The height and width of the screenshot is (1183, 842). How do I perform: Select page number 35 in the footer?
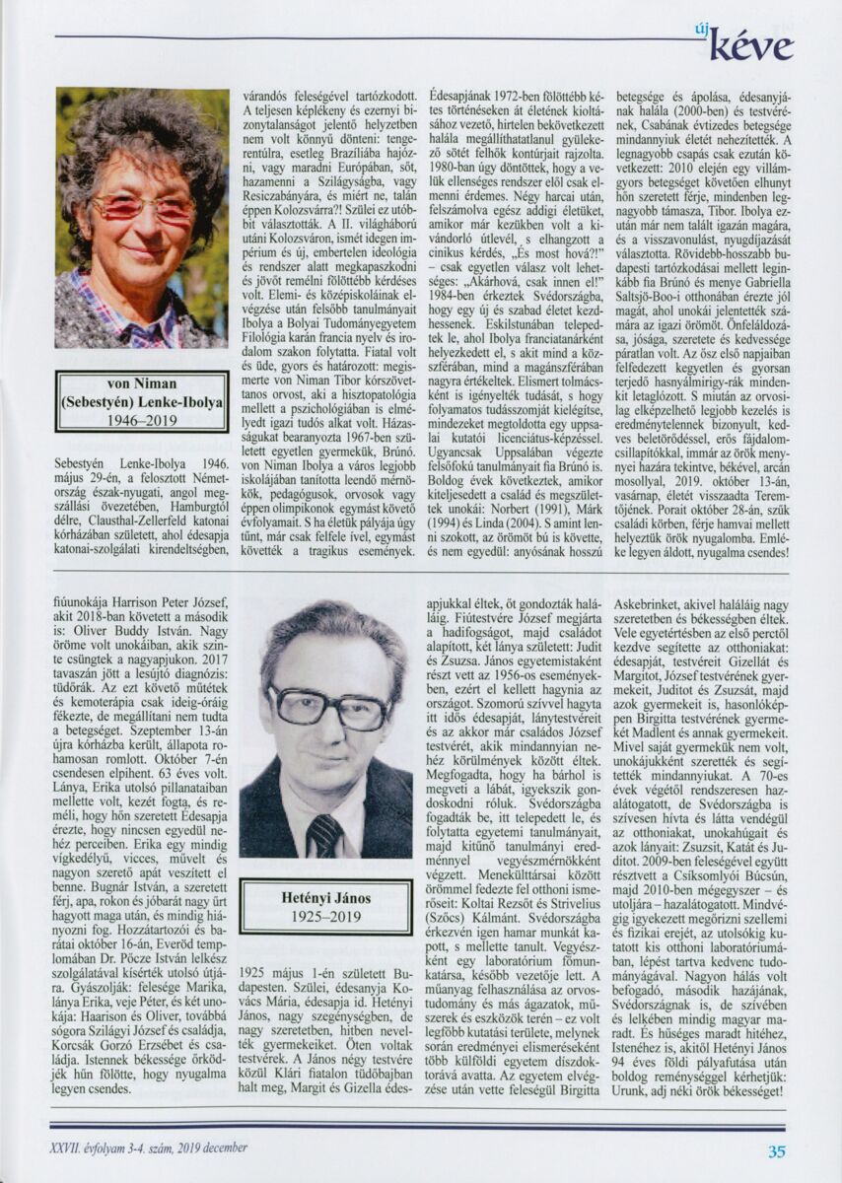pyautogui.click(x=777, y=1150)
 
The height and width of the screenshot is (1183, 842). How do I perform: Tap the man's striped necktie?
pyautogui.click(x=323, y=833)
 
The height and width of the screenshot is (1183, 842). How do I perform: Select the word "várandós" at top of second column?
pyautogui.click(x=269, y=97)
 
